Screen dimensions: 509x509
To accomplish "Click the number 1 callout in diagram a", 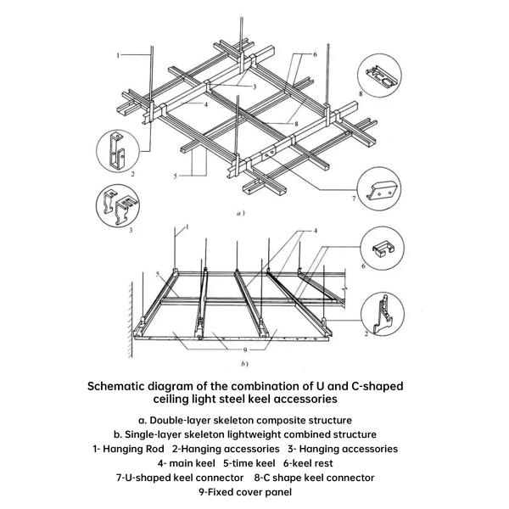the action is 118,55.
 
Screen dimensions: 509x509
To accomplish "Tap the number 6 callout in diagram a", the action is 315,54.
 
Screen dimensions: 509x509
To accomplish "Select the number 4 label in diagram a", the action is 206,104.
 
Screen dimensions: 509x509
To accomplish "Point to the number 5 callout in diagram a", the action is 176,176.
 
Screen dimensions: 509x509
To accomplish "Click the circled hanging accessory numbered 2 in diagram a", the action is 118,151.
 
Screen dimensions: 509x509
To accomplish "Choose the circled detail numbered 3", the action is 118,206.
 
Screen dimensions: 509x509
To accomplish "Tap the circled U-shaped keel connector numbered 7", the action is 379,188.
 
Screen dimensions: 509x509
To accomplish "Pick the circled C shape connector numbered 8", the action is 379,76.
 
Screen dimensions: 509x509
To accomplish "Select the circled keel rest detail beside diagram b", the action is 383,248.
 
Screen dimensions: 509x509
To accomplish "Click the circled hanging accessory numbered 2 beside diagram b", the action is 383,314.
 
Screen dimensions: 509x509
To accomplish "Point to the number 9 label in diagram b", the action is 245,350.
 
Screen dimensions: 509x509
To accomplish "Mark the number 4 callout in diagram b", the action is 315,231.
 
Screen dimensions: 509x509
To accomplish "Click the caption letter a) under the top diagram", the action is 240,213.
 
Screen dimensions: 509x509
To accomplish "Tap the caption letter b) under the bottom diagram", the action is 244,364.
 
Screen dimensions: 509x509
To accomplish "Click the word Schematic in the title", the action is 115,386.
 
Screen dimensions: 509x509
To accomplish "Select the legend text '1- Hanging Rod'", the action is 128,449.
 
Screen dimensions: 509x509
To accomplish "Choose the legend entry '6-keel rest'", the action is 308,463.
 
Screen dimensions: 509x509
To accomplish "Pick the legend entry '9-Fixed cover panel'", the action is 245,492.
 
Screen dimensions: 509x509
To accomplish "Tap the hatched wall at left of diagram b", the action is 130,319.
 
